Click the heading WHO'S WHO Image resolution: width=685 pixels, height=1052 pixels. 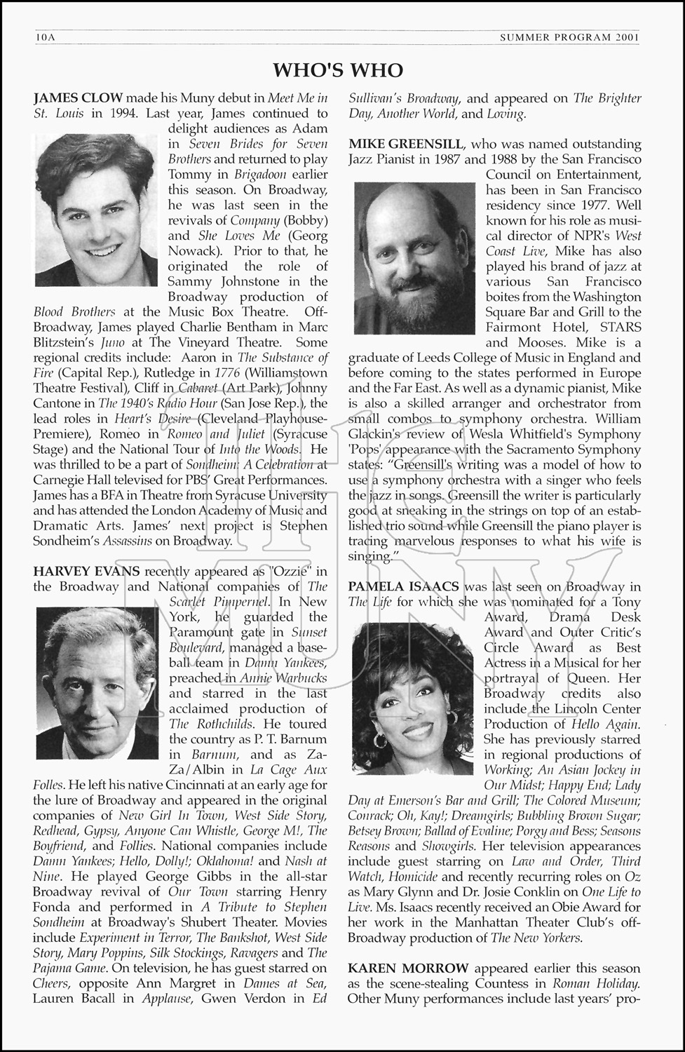(338, 70)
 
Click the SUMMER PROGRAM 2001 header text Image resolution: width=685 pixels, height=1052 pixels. (569, 38)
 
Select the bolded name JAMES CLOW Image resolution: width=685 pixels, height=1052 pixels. (78, 98)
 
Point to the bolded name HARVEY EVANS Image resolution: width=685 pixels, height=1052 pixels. (86, 572)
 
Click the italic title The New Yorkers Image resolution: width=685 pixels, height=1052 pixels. (536, 938)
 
